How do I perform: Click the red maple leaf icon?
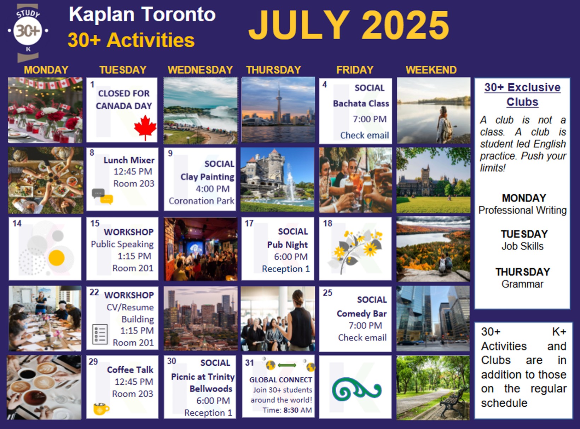click(x=145, y=127)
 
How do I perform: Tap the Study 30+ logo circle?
click(x=28, y=31)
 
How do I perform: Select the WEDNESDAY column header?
click(x=200, y=70)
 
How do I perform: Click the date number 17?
click(x=249, y=223)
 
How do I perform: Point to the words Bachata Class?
click(x=361, y=103)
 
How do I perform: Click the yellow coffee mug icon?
click(x=101, y=408)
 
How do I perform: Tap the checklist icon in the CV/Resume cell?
click(x=100, y=334)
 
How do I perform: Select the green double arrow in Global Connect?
click(x=287, y=365)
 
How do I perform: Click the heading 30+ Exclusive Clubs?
click(x=522, y=95)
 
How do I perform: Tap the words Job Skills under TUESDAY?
click(x=522, y=246)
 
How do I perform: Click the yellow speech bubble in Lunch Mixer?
click(x=106, y=199)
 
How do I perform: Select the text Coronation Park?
click(x=201, y=201)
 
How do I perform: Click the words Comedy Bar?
click(x=361, y=313)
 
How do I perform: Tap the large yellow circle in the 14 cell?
click(x=57, y=258)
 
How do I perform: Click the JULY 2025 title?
click(x=349, y=25)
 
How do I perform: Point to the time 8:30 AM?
click(x=297, y=410)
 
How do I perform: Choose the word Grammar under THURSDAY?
click(x=522, y=284)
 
